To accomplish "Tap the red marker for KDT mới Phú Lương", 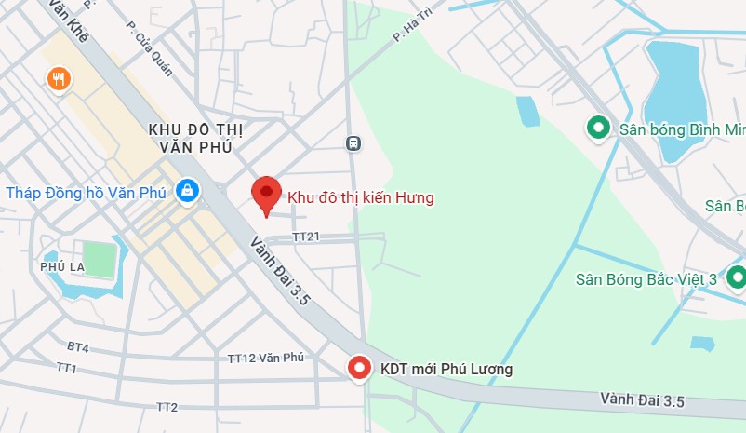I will coord(359,369).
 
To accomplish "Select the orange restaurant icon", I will coord(59,80).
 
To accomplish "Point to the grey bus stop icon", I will coord(353,143).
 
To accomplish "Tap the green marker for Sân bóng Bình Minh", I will coord(596,128).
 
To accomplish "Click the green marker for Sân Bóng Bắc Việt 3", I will coord(736,277).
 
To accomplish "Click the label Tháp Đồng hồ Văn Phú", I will coord(86,193).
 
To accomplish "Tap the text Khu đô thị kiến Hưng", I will coord(361,197).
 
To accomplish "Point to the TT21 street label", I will coord(306,237).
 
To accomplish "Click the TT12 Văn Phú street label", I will coord(266,358).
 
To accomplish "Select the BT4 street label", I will coord(78,347).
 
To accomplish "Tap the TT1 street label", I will coord(67,369).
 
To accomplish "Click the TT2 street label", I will coord(167,407).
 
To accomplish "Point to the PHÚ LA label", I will coord(62,266).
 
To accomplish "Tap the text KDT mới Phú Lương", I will coord(446,370).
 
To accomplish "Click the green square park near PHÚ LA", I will coord(99,257).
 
